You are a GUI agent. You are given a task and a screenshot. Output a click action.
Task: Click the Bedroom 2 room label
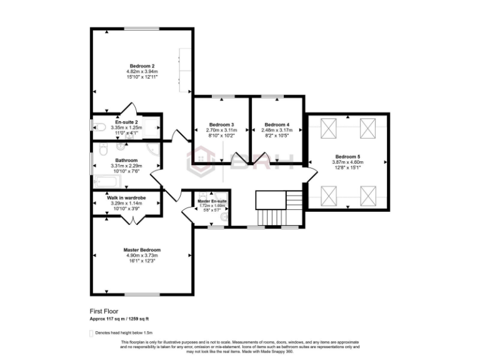click(142, 66)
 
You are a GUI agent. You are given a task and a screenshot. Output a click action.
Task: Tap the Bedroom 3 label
click(221, 124)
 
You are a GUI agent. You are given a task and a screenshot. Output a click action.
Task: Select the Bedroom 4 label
click(276, 124)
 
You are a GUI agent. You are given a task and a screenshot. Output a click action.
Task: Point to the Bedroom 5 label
click(347, 156)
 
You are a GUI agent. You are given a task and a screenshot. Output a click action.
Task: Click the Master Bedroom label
click(142, 250)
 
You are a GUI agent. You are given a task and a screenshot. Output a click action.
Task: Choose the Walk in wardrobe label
click(126, 197)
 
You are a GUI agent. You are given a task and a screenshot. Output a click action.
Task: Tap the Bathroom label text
click(127, 160)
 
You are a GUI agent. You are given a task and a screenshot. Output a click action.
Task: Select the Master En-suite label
click(212, 201)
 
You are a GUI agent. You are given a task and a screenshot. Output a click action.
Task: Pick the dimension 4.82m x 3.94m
click(142, 71)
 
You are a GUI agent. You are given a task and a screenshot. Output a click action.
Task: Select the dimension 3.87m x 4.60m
click(347, 162)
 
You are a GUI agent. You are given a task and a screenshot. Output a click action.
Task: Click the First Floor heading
click(104, 310)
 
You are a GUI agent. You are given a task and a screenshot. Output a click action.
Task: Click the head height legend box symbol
click(92, 332)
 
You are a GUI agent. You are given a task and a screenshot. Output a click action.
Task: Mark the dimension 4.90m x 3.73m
click(142, 256)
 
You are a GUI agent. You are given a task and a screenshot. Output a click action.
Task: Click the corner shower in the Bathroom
click(153, 150)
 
